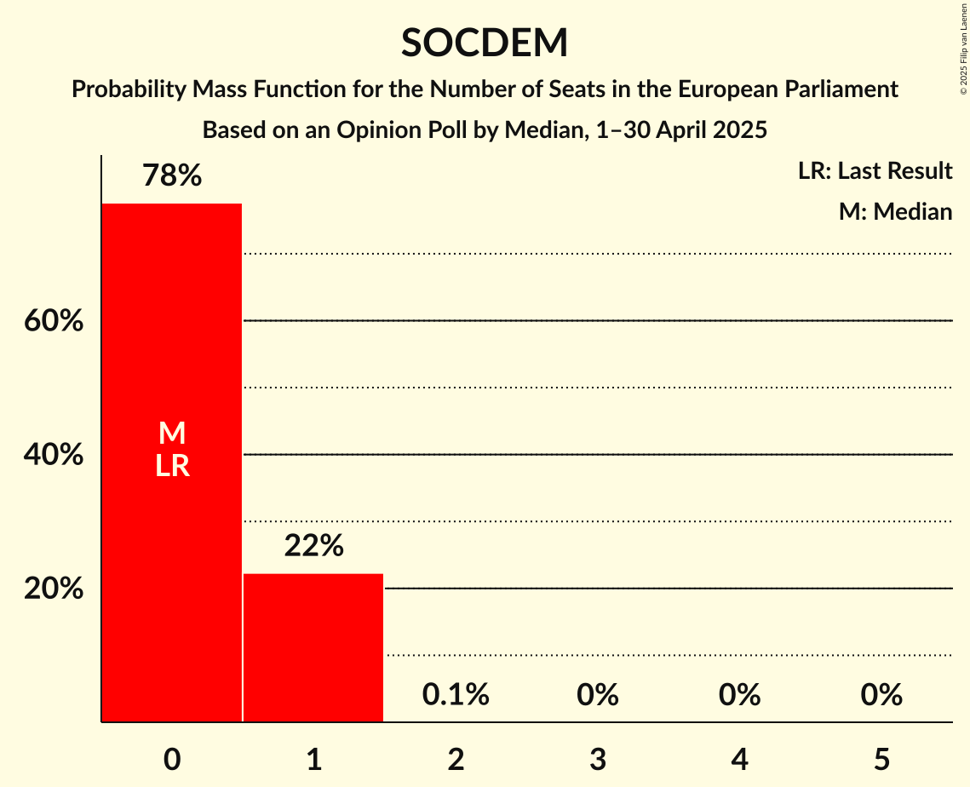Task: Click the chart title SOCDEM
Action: [x=485, y=43]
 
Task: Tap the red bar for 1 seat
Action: [x=313, y=647]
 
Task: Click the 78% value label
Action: [x=172, y=176]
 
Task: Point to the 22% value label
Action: [x=313, y=546]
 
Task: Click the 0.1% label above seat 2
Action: [x=456, y=695]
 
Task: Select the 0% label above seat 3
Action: [x=597, y=695]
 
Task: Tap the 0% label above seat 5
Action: [x=881, y=695]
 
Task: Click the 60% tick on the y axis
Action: [x=54, y=321]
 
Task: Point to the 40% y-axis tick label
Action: [x=54, y=455]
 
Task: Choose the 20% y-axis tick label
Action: [x=54, y=589]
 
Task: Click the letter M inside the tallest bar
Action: [x=172, y=433]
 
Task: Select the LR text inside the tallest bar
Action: [x=172, y=466]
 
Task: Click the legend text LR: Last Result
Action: [x=875, y=171]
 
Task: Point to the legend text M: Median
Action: [x=895, y=211]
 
